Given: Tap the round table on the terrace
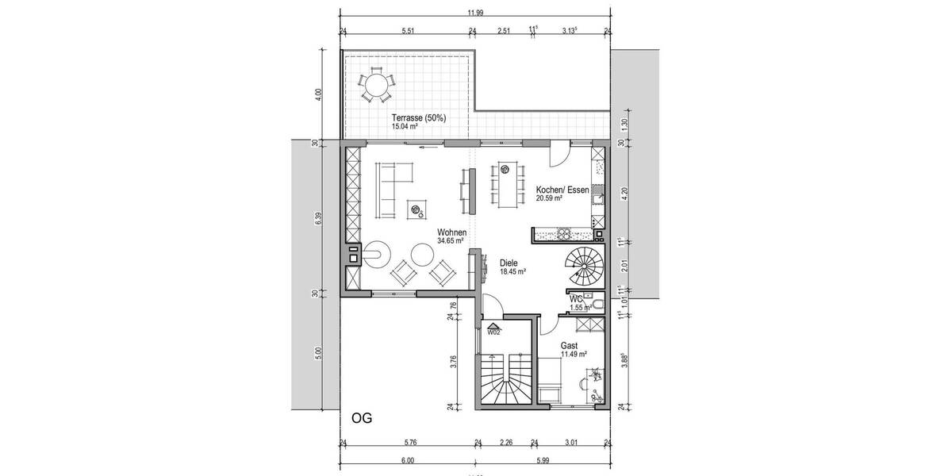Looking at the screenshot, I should coord(377,84).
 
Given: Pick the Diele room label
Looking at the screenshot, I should coord(509,263).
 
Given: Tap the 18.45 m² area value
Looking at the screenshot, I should coord(514,271).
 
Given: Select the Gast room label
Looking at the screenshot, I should coord(569,346).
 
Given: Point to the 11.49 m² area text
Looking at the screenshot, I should coord(574,355).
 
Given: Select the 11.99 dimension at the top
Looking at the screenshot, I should coord(475,12).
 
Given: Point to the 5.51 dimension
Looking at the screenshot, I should coord(409,31).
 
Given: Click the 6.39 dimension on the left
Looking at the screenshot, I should coord(318,219).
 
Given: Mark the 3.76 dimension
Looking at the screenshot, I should coord(453,362).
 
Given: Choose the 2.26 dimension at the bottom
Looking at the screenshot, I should coord(505,443).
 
